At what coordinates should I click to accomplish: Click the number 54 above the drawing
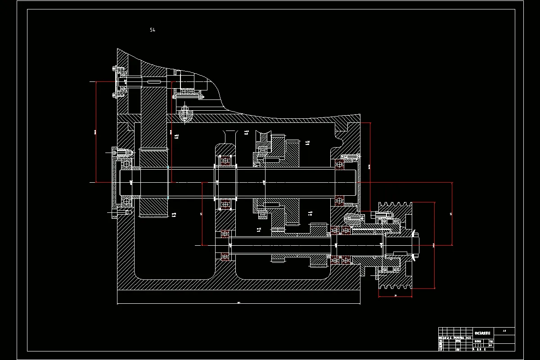coord(153,30)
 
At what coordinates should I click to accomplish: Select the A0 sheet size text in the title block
coord(504,331)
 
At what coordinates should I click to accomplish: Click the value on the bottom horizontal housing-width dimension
coord(238,303)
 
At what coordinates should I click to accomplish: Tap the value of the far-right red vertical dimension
coord(451,214)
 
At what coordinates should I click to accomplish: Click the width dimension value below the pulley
coord(395,296)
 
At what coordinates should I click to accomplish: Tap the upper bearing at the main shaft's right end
coord(339,165)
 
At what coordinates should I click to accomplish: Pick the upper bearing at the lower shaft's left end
coord(225,234)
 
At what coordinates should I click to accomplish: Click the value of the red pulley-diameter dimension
coord(434,245)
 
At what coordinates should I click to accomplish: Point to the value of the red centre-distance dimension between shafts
coord(202,214)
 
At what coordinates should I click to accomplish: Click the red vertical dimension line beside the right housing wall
coord(369,166)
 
